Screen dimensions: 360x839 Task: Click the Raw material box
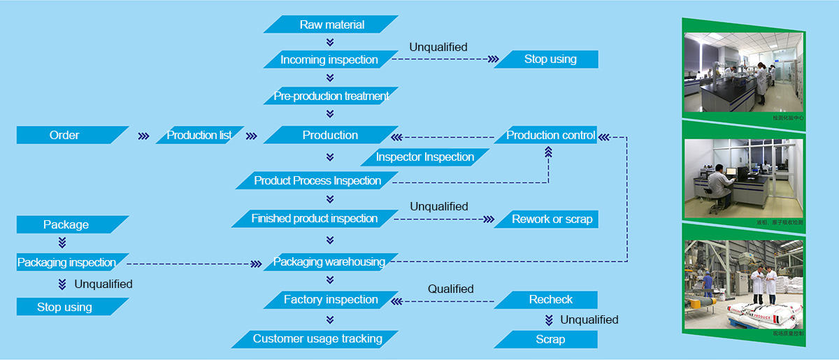[331, 24]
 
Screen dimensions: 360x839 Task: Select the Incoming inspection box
[329, 59]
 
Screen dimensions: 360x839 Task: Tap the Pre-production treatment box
[331, 96]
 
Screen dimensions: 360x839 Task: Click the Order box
[65, 135]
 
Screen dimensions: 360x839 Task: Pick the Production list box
[199, 135]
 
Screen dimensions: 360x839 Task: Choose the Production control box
[550, 135]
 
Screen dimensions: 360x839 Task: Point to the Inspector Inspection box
[425, 157]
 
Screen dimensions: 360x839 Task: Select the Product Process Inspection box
[317, 180]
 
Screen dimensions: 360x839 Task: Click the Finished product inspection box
[315, 219]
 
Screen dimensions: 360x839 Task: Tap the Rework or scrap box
[552, 219]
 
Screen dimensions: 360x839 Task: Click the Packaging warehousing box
[329, 262]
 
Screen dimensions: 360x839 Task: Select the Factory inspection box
[331, 300]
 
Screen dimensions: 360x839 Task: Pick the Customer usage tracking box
[317, 339]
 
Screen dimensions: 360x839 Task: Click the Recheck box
[550, 300]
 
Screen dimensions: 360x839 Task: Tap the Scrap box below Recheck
[550, 339]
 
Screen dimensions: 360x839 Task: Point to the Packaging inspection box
[67, 262]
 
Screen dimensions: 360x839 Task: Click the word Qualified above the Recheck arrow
[450, 289]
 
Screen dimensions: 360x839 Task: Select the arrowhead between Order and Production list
[144, 136]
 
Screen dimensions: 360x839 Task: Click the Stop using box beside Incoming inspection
[550, 59]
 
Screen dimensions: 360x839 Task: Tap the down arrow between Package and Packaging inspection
[62, 243]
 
